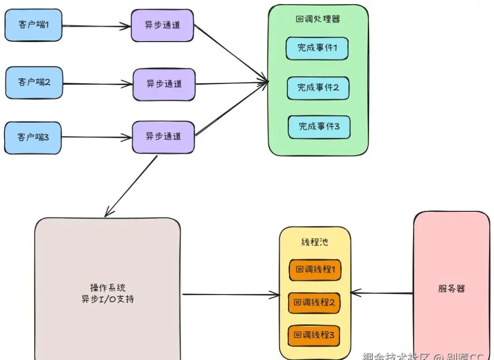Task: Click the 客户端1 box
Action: click(33, 25)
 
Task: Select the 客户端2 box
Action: click(34, 82)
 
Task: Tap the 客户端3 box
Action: click(33, 137)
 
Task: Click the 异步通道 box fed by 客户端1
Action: click(162, 25)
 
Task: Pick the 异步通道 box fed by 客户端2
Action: click(164, 84)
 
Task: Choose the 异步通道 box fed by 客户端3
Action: click(163, 137)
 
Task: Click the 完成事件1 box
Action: click(317, 48)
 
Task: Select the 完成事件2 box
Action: click(318, 88)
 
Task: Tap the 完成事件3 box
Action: click(319, 127)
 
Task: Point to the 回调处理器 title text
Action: click(317, 20)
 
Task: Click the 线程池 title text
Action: click(314, 242)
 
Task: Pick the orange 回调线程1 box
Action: click(315, 270)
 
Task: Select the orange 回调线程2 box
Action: click(314, 303)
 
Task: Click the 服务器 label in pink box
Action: click(451, 289)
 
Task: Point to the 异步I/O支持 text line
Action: click(107, 300)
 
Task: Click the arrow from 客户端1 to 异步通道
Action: click(96, 26)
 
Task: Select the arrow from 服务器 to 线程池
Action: click(382, 293)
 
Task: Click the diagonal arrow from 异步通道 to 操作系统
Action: click(131, 186)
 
